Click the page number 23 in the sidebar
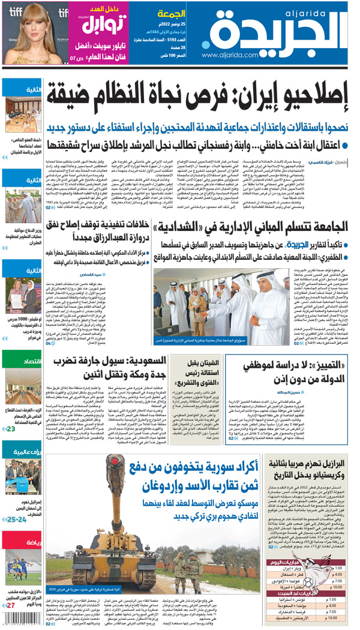(x=10, y=428)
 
